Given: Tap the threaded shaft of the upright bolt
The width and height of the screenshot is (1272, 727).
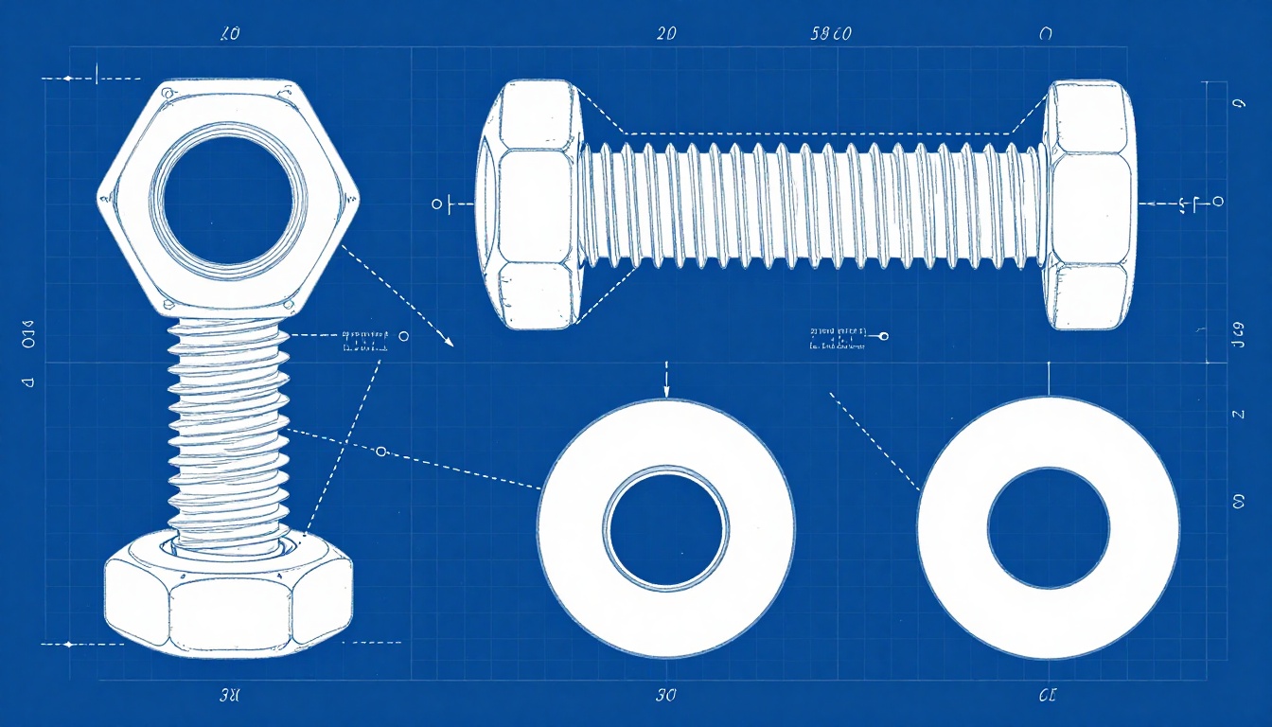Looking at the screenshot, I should coord(228,426).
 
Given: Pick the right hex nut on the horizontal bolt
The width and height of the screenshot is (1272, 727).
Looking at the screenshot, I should coord(1089,204).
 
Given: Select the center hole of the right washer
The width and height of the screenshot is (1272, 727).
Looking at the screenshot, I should coord(1048,527).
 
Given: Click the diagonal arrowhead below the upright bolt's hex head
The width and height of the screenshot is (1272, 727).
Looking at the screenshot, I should coord(448,342).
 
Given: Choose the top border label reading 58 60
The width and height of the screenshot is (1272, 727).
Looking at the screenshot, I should coord(832,35).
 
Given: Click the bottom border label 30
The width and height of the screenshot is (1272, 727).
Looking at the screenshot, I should coord(666,696).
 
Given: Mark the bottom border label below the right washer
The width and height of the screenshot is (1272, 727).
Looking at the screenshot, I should coord(1047,696).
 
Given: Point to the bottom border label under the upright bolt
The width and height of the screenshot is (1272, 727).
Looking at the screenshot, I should coord(229,696).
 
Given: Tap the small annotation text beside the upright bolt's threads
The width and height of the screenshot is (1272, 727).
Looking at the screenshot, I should coord(364,341).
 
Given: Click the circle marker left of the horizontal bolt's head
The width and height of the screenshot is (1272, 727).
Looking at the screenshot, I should coord(436,204).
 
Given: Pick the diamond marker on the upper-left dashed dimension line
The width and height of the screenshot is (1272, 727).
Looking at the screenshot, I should coord(67,78).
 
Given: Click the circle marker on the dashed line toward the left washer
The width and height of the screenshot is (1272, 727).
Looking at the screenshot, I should coord(381,452).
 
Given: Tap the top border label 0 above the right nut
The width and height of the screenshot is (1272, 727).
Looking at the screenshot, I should coord(1045,35).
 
